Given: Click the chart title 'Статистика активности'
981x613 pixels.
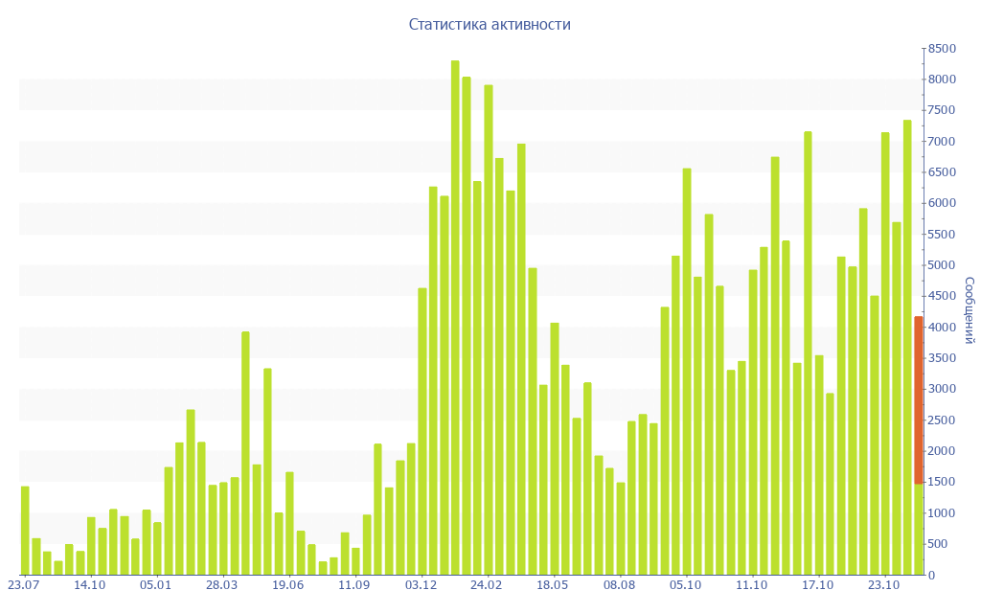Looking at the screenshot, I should pos(490,25).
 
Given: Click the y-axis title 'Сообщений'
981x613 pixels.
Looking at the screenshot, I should pos(969,310).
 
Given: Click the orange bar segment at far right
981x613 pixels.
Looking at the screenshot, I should pos(919,399).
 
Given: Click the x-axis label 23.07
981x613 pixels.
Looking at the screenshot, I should pos(23,585).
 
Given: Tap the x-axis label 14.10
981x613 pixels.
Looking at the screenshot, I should pos(89,585).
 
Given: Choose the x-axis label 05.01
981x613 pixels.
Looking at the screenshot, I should pos(155,585).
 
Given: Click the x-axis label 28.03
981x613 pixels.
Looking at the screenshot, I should pos(221,585).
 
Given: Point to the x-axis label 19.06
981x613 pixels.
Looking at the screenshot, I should pos(287,585).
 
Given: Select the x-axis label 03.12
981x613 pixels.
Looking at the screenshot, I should pos(421,585).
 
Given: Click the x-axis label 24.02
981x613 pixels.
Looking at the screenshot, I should pos(487,585).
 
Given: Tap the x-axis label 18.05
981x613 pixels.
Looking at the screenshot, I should pos(553,585).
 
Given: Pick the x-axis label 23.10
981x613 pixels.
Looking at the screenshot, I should pos(883,585).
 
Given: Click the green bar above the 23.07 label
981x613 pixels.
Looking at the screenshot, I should pos(25,531).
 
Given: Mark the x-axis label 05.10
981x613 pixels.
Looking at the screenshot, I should pos(685,585).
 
